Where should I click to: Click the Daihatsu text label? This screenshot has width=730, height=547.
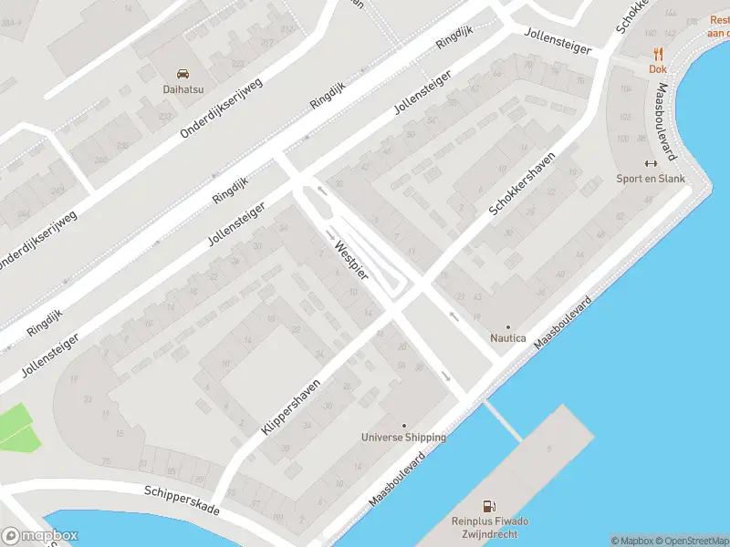182,88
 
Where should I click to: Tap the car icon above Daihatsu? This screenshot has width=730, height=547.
182,73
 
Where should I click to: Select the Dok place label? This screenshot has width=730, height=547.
657,69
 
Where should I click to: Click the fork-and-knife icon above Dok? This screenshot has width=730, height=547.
657,55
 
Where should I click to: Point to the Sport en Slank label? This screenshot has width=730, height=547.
651,179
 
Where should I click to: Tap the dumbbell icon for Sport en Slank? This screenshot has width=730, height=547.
651,163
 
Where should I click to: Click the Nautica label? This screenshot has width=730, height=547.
508,338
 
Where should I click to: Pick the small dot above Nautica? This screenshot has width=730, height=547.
508,326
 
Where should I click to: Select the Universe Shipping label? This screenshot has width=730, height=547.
403,438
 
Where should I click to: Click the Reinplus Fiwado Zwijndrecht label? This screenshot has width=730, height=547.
490,527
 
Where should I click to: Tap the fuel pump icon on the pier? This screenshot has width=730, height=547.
490,506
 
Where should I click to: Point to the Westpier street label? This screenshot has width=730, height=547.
351,260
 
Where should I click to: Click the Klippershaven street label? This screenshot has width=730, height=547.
292,407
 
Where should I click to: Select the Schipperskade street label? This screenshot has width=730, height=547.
182,501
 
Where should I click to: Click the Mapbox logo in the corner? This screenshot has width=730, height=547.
39,536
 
